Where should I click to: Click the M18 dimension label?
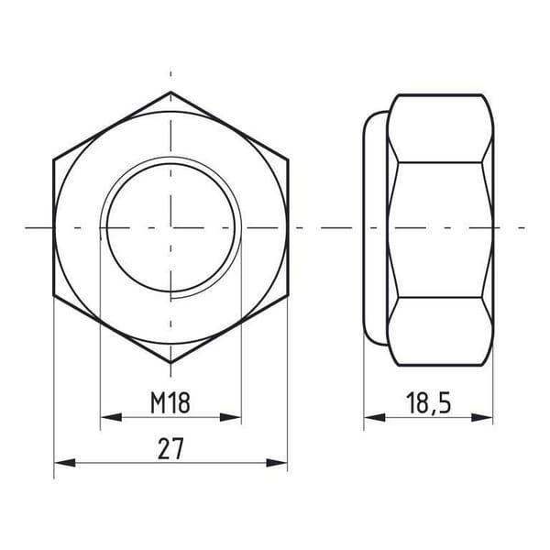(170, 402)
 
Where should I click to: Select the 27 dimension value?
(170, 448)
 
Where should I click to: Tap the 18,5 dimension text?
(428, 403)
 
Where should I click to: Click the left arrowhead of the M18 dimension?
(111, 417)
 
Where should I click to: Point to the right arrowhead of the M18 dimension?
(230, 417)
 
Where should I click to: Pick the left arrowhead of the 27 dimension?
(65, 463)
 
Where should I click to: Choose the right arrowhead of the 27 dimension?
(277, 463)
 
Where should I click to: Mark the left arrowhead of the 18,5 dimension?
(375, 417)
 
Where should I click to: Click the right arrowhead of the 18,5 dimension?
(482, 417)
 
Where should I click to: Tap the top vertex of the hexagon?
(170, 92)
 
